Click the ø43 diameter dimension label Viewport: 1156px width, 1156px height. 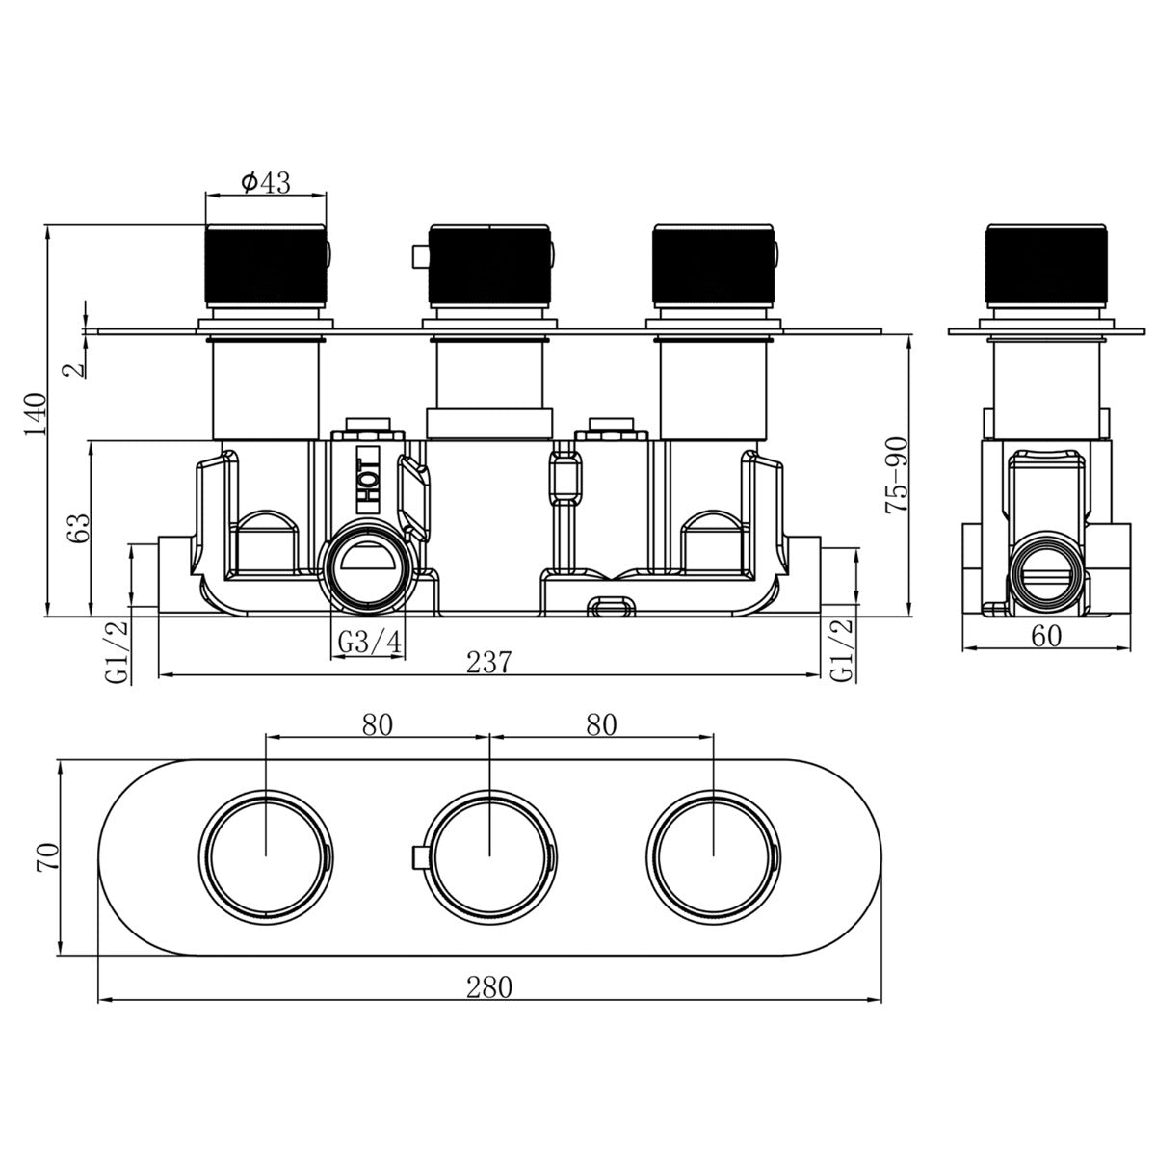(265, 182)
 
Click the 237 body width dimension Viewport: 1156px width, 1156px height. (489, 662)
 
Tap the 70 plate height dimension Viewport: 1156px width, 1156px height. (48, 858)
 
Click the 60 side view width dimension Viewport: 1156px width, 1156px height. (1046, 636)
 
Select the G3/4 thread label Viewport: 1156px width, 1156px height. (369, 643)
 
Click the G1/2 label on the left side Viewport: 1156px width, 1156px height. (117, 652)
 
